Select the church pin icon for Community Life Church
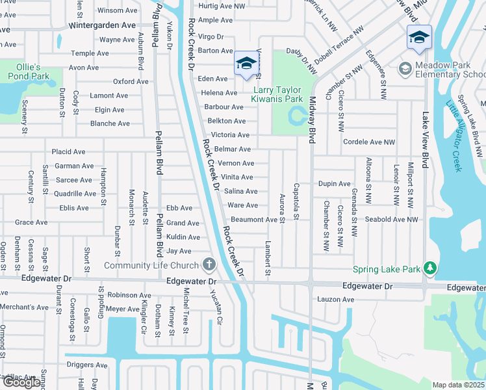pos(209,265)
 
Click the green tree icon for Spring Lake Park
pos(429,268)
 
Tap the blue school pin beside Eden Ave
pos(246,64)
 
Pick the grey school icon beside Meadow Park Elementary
pos(405,68)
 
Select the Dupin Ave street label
pos(335,184)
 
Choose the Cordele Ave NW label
pos(368,142)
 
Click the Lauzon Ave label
pos(335,300)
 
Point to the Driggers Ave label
pos(86,365)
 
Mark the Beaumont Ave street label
pos(254,220)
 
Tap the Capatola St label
pos(296,197)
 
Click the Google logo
pos(21,383)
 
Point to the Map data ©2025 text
pos(457,385)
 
